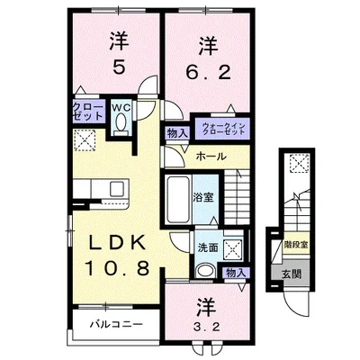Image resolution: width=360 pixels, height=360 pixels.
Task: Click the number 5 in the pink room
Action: pos(118,68)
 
